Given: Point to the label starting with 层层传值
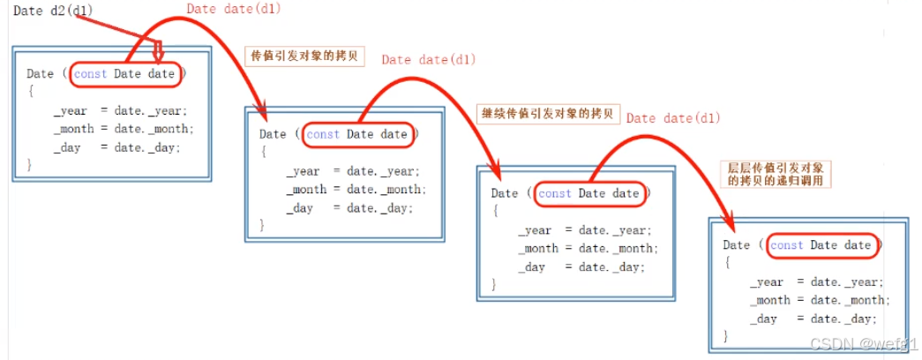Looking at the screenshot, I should pos(777,173).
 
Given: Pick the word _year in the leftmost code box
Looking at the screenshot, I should pos(71,110).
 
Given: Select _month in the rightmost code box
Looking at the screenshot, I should pos(770,300).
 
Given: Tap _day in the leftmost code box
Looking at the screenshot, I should pos(67,146).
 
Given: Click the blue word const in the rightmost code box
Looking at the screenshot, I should pos(787,245).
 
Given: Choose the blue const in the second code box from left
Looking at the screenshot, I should pos(323,134).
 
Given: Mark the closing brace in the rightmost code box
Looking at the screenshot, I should pos(726,335).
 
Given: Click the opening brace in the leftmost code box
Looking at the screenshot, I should pos(30,91).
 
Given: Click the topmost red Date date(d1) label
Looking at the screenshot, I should pos(234,10).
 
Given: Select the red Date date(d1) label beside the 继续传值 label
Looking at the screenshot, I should pos(674,118).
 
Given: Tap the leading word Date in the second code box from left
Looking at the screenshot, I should pos(273,134).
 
